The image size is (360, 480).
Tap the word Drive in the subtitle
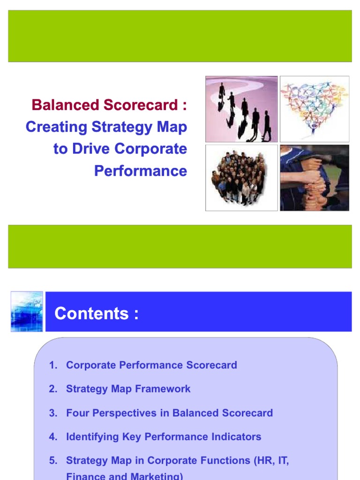tap(90, 149)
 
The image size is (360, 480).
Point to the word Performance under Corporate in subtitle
tap(140, 171)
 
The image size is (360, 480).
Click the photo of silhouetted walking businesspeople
tap(241, 109)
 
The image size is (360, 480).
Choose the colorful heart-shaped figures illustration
tap(315, 109)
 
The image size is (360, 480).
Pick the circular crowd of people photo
tap(241, 178)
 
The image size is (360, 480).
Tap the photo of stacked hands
tap(315, 178)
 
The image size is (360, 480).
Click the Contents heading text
tap(97, 314)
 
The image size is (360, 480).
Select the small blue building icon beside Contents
tap(27, 312)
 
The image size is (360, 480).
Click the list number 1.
tap(52, 365)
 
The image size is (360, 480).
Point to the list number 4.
tap(52, 437)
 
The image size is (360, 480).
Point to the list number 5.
tap(52, 461)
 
